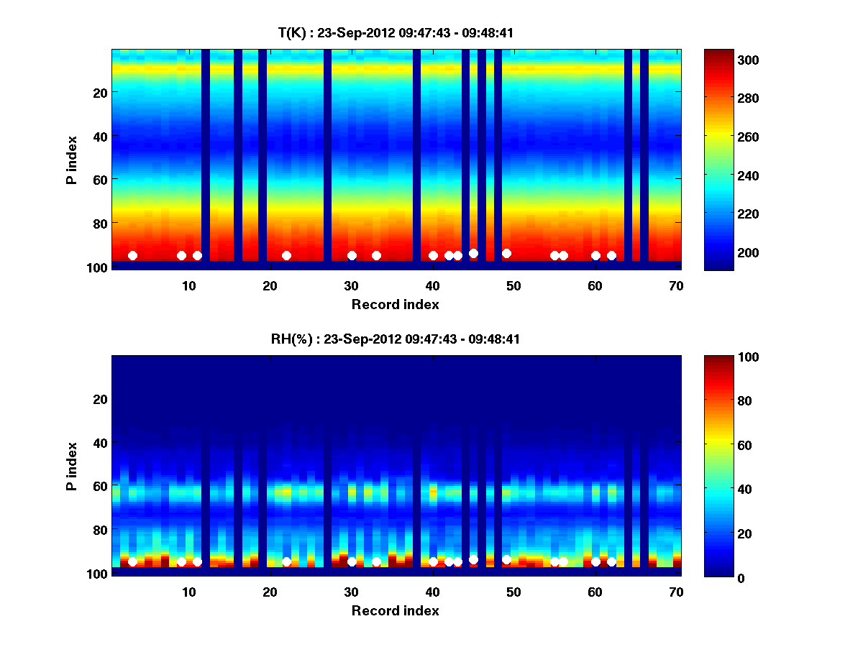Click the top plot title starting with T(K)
tap(396, 33)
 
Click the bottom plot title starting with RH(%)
tap(396, 339)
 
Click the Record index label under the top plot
tap(396, 304)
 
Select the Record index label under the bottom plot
tap(396, 610)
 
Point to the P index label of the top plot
tap(72, 160)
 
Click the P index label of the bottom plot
tap(72, 466)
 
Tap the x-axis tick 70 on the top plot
tap(677, 285)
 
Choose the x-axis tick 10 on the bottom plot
tap(188, 592)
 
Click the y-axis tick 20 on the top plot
tap(99, 92)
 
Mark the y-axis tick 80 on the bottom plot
tap(99, 530)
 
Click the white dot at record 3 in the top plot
tap(132, 255)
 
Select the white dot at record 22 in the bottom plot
tap(286, 561)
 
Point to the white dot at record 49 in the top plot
tap(506, 253)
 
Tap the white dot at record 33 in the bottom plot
tap(376, 561)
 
